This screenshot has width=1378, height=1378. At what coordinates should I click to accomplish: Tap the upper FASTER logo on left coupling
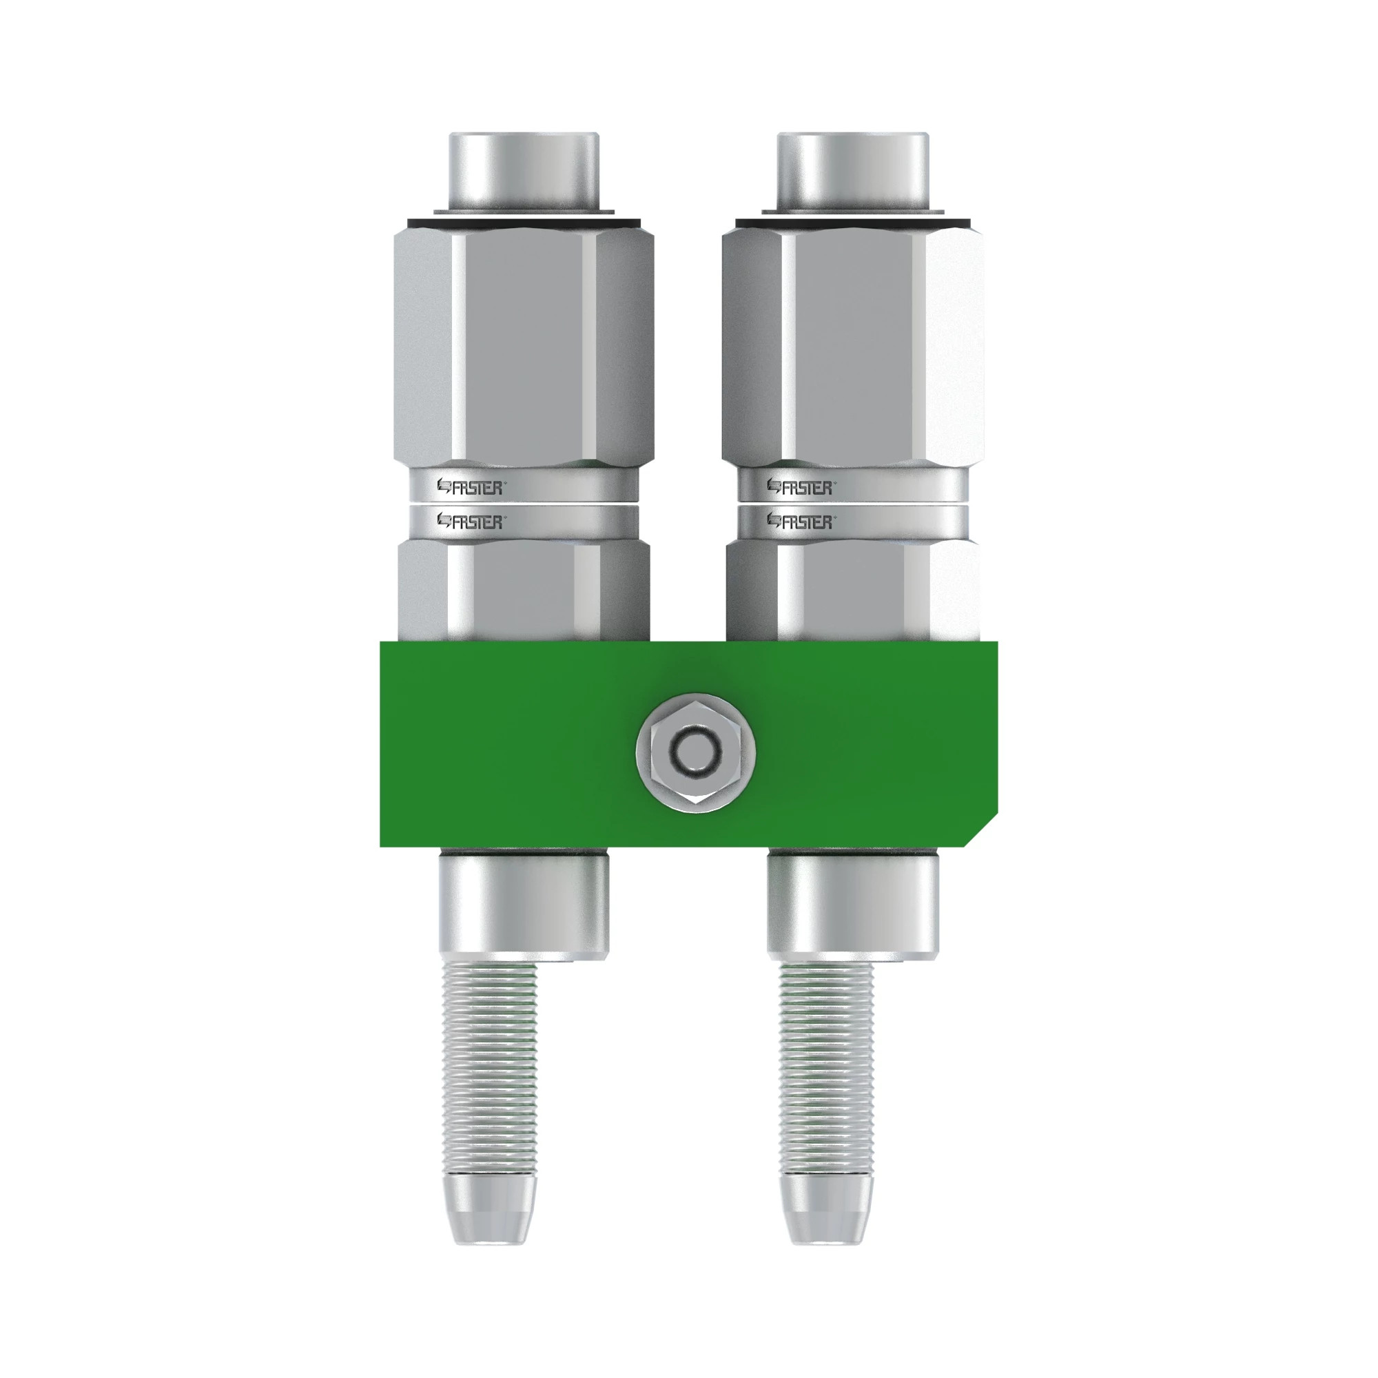pyautogui.click(x=470, y=488)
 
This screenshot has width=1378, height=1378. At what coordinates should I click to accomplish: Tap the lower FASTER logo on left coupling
pyautogui.click(x=470, y=522)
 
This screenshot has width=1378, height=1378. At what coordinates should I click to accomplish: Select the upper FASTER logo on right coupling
pyautogui.click(x=799, y=488)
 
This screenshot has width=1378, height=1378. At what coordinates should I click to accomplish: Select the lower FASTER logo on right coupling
pyautogui.click(x=799, y=522)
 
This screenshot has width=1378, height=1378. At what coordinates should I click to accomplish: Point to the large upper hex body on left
pyautogui.click(x=523, y=349)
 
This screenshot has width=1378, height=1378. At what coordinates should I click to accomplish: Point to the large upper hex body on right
pyautogui.click(x=852, y=349)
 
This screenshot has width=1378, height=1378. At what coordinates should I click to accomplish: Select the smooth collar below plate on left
pyautogui.click(x=523, y=906)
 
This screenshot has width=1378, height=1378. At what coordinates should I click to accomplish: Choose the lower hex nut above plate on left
pyautogui.click(x=523, y=592)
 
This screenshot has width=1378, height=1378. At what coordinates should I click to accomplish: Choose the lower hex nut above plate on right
pyautogui.click(x=852, y=592)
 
